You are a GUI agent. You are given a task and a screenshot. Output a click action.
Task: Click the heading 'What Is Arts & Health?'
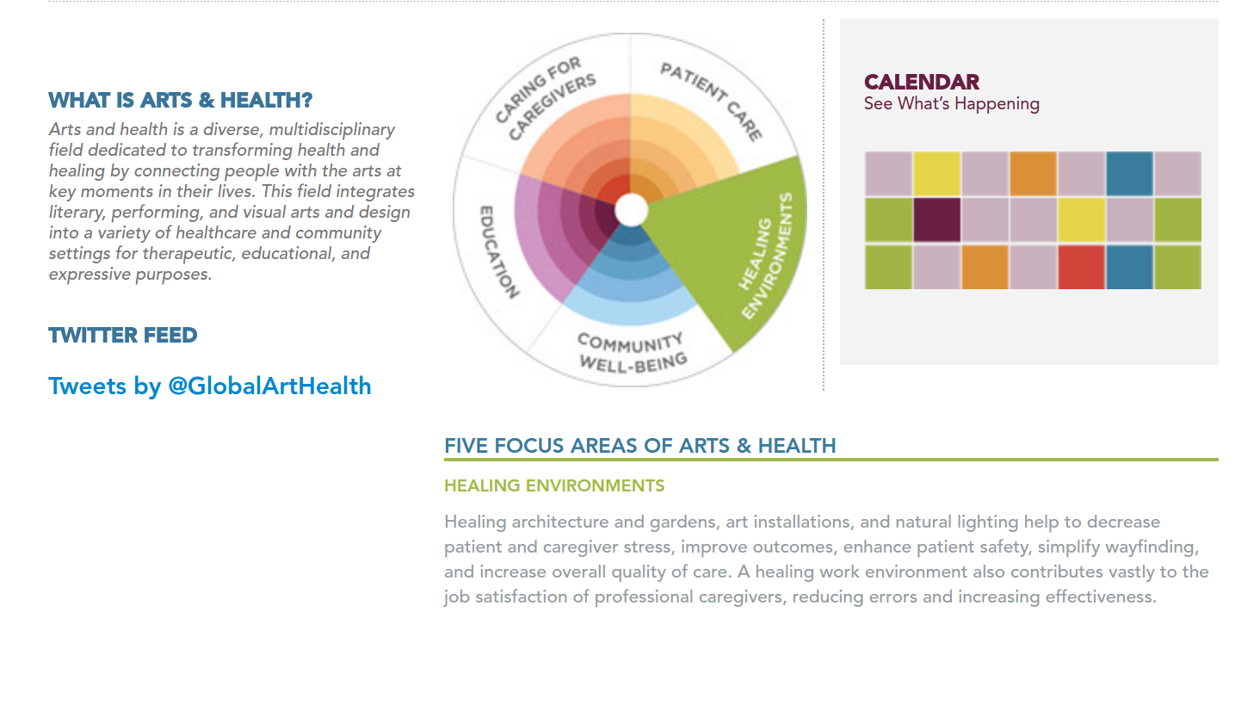pyautogui.click(x=180, y=101)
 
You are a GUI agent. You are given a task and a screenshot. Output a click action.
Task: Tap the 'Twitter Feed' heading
pyautogui.click(x=123, y=336)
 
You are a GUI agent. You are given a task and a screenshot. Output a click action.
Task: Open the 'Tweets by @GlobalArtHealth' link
pyautogui.click(x=209, y=386)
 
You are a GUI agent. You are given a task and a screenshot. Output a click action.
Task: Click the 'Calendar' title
pyautogui.click(x=921, y=82)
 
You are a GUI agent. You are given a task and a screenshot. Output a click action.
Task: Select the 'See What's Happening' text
pyautogui.click(x=952, y=104)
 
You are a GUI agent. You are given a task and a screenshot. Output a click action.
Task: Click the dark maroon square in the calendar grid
pyautogui.click(x=936, y=220)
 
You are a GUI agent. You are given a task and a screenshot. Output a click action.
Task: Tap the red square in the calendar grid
pyautogui.click(x=1081, y=268)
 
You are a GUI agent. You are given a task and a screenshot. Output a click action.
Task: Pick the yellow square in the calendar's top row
pyautogui.click(x=936, y=174)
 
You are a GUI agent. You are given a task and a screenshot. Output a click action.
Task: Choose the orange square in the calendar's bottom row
pyautogui.click(x=985, y=268)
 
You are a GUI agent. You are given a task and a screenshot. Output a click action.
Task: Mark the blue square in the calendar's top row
pyautogui.click(x=1129, y=174)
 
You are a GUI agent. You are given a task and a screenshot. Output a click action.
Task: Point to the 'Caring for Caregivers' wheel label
pyautogui.click(x=546, y=97)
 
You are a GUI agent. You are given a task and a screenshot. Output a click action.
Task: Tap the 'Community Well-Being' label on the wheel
pyautogui.click(x=633, y=352)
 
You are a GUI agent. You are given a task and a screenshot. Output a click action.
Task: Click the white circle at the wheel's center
pyautogui.click(x=632, y=210)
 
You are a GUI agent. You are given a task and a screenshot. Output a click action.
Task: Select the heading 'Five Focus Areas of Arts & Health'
pyautogui.click(x=640, y=446)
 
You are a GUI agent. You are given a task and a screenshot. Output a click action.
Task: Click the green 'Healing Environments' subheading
pyautogui.click(x=554, y=485)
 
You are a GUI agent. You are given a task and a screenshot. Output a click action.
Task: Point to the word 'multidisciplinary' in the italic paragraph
pyautogui.click(x=332, y=130)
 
